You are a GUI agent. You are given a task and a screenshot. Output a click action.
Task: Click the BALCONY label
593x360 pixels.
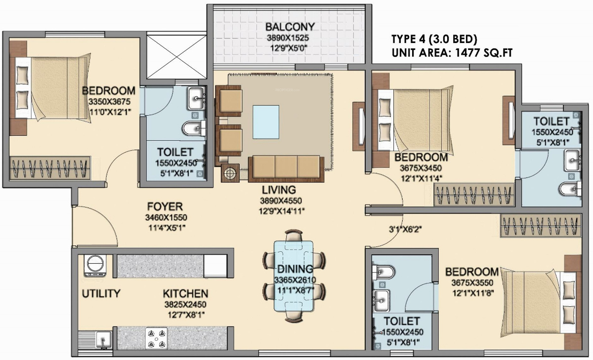(x=290, y=27)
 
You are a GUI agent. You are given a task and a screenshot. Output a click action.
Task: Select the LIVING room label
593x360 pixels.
(x=279, y=190)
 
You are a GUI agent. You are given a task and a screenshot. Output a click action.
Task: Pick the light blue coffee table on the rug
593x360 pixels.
(x=266, y=121)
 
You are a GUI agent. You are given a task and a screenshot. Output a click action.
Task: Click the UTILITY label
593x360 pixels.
(x=101, y=294)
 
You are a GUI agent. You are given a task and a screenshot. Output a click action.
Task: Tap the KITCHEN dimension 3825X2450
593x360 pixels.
(x=185, y=304)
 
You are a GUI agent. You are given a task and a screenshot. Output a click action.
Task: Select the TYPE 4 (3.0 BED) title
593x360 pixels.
(x=434, y=40)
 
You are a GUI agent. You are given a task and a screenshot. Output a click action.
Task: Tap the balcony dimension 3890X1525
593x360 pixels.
(x=290, y=38)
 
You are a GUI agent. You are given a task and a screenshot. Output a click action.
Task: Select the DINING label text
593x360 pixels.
(x=295, y=269)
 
